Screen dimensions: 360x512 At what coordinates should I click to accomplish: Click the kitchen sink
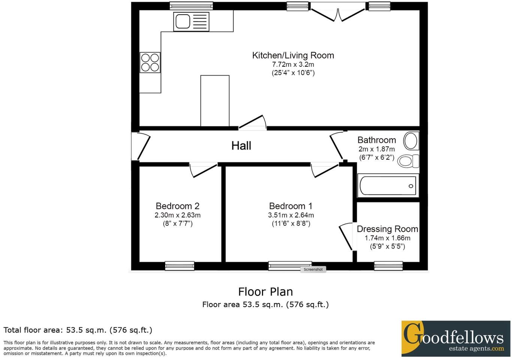[x=191, y=21]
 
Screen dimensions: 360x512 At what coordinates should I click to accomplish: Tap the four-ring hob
[x=150, y=63]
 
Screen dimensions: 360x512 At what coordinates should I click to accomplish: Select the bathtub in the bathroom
[x=388, y=186]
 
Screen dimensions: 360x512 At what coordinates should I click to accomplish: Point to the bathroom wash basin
[x=411, y=141]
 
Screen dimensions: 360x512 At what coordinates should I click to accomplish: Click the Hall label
[x=241, y=146]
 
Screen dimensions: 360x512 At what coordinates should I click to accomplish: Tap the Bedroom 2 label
[x=177, y=206]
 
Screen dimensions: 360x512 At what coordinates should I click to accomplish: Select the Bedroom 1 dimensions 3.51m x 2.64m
[x=291, y=215]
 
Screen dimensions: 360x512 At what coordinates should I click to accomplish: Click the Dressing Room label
[x=387, y=229]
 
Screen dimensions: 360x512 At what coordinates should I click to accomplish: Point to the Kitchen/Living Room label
[x=293, y=55]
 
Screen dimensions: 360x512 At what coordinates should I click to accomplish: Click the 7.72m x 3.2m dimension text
[x=293, y=64]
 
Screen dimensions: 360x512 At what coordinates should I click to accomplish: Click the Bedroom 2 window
[x=180, y=266]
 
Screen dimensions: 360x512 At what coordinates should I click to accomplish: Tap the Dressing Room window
[x=388, y=266]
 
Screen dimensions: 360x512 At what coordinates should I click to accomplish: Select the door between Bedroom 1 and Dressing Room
[x=347, y=236]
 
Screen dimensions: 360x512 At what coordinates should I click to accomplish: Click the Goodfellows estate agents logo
[x=455, y=338]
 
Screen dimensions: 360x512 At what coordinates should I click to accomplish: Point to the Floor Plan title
[x=265, y=292]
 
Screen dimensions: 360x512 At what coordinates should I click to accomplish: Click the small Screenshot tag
[x=313, y=269]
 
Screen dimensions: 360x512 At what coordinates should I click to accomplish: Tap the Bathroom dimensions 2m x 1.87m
[x=376, y=149]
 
